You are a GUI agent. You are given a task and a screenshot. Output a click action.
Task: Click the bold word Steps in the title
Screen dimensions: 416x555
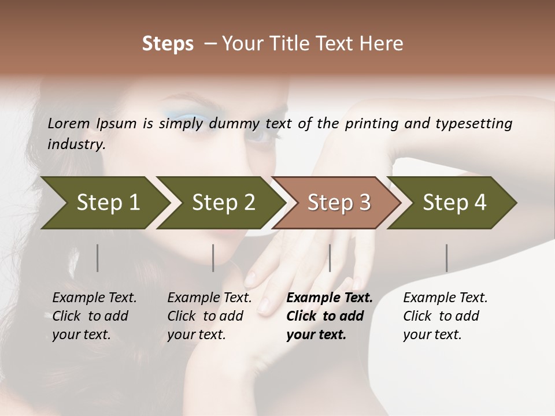coord(168,44)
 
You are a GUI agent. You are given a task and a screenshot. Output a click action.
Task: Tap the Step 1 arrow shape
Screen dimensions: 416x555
coord(104,203)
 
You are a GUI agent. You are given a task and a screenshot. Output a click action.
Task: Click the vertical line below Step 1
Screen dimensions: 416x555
coord(98,258)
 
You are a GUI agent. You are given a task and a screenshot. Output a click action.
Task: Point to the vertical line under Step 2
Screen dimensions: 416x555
coord(213,258)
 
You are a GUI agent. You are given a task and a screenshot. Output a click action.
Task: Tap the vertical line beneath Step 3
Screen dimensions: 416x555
coord(330,258)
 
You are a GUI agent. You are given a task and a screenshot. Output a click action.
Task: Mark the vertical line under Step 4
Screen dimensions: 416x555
coord(446,258)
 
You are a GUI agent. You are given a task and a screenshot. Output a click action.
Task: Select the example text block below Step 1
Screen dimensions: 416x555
coord(94,316)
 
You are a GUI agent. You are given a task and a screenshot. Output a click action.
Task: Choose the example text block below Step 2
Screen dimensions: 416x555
coord(209,316)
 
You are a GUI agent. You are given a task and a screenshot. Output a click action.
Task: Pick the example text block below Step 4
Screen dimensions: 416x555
coord(445,316)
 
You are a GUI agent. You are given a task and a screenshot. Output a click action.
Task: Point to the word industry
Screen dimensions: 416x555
coord(76,144)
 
